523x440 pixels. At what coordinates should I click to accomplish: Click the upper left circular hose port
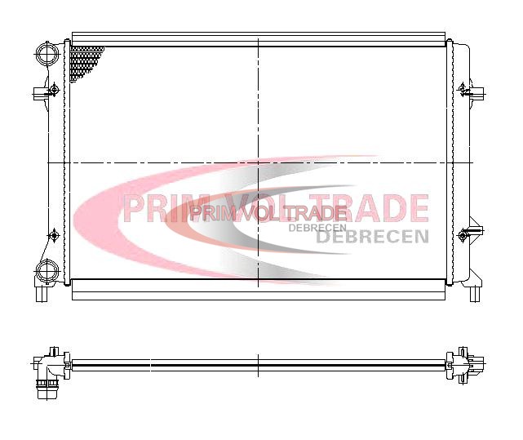coord(47,53)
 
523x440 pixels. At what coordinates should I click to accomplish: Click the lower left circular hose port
coord(47,271)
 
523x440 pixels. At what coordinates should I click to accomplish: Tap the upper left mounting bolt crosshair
coord(54,90)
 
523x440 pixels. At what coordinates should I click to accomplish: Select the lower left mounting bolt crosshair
coord(54,236)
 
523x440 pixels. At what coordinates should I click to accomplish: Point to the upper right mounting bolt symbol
coord(463,89)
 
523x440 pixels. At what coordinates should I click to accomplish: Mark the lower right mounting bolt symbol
coord(463,235)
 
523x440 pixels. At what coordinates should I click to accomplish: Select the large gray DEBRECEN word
coord(372,237)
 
